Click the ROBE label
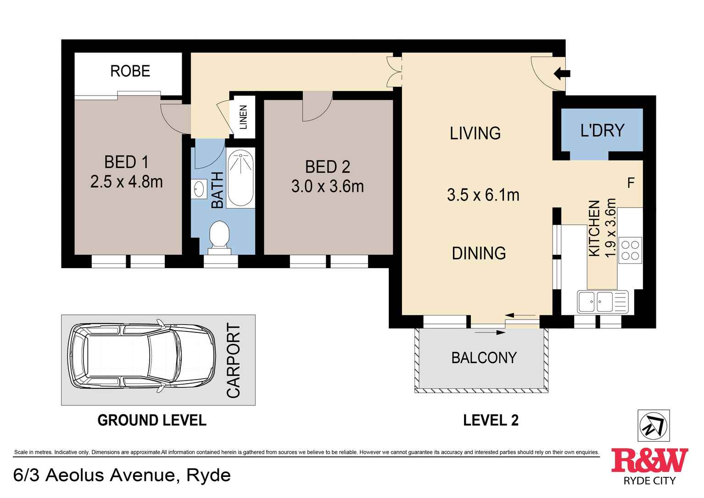coord(130,71)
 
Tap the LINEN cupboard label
coord(243,117)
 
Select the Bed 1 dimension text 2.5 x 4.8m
coord(126,182)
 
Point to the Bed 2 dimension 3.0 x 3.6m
coord(328,186)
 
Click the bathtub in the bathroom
coord(240,178)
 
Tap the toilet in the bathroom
coord(219,238)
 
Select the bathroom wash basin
coord(199,189)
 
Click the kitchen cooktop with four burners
coord(630,250)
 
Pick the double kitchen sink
coord(603,302)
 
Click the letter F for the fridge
coord(631,183)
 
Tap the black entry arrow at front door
coord(562,74)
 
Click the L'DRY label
coord(602,130)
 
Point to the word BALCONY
coord(484,358)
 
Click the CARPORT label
coord(234,360)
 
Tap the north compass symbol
coord(654,425)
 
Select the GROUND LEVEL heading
coord(152,420)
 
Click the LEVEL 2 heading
coord(491,420)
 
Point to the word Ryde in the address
coord(209,475)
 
